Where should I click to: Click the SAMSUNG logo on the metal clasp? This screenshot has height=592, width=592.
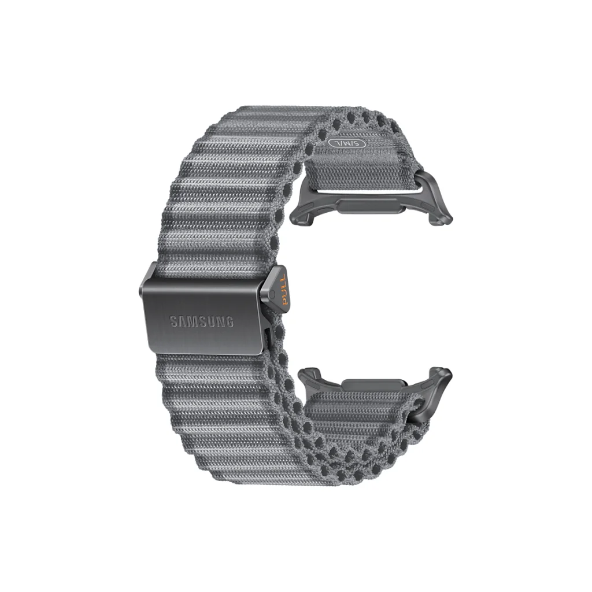(x=201, y=321)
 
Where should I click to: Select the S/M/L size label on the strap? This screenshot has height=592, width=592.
(x=347, y=143)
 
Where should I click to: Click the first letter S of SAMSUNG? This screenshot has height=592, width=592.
(x=173, y=321)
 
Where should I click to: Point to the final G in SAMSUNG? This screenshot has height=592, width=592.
(x=229, y=321)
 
